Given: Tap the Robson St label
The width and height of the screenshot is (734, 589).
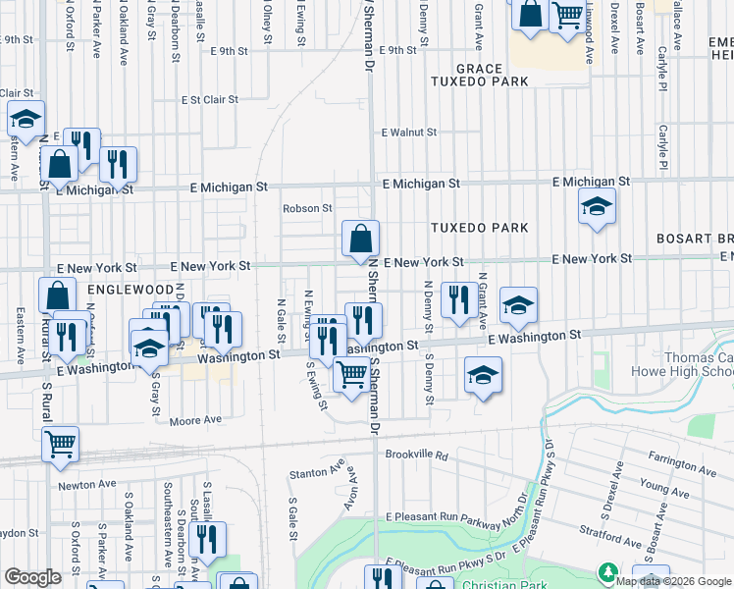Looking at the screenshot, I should (x=307, y=208).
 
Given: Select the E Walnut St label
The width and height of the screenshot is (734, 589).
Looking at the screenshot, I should (x=409, y=132).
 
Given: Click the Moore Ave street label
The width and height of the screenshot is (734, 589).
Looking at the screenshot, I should (x=195, y=420).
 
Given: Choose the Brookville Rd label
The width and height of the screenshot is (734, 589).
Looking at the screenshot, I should (x=416, y=455).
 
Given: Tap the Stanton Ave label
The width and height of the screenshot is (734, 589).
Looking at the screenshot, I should (x=316, y=474).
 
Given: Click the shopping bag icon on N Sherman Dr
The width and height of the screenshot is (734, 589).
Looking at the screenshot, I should (x=360, y=239).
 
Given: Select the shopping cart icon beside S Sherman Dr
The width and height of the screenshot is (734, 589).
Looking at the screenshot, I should (x=351, y=374).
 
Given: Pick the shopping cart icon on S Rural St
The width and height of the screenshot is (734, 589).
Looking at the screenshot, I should (x=61, y=445).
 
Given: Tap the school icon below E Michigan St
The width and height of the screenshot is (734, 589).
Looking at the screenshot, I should (x=595, y=208).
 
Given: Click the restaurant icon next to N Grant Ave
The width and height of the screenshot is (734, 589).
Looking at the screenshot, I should (x=458, y=298).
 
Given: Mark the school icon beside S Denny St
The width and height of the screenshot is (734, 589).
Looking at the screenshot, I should (x=482, y=375).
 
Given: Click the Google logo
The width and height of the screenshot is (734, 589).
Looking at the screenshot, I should (x=33, y=577).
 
